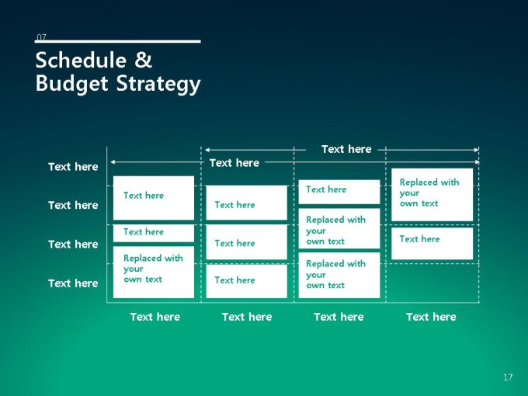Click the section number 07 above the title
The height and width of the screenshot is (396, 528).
coord(41,36)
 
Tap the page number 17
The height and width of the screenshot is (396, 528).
coord(508,377)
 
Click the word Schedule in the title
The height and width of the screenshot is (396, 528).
coord(81,61)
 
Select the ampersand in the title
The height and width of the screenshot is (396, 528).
coord(144,60)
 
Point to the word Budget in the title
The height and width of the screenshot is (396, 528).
coord(71,84)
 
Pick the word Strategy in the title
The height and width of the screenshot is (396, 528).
coord(158,84)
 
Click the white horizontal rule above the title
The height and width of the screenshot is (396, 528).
coord(117,41)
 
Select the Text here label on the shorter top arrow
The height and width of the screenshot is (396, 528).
coord(346,149)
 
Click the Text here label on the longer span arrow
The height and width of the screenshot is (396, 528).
coord(234,163)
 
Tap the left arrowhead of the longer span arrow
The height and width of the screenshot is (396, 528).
coord(113,162)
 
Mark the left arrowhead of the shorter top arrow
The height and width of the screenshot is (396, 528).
coord(207,150)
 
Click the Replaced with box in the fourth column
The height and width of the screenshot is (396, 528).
coord(432,195)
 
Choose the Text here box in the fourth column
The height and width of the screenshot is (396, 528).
coord(432,244)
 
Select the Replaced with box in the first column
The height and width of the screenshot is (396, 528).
coord(154,272)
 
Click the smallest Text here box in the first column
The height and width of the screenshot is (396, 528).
coord(154,233)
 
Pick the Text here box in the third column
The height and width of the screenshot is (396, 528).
coord(339,192)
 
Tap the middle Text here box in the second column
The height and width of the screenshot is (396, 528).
coord(246,242)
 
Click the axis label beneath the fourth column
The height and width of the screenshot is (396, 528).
coord(431,317)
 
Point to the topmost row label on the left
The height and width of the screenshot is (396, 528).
coord(73,167)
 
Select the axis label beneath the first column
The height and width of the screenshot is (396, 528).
coord(155,317)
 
